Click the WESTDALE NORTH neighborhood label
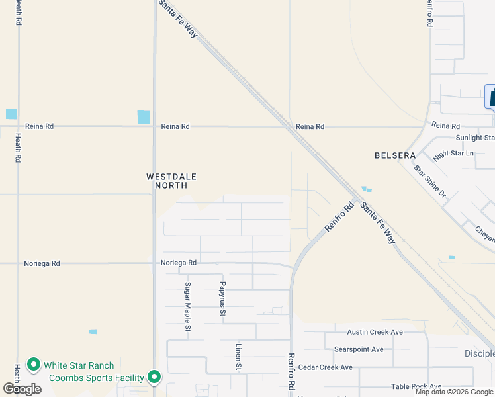point(171,181)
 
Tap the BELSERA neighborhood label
point(394,155)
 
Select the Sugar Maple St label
point(188,306)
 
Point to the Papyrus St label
point(224,299)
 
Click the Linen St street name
point(239,357)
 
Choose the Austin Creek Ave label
point(375,332)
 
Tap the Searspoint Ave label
point(359,349)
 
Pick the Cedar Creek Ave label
point(326,367)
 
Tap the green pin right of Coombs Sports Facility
point(154,378)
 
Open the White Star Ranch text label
point(79,365)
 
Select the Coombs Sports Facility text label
point(97,378)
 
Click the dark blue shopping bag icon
point(491,97)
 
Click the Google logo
point(22,389)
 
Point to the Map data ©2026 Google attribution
point(455,392)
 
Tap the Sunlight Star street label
point(474,138)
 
